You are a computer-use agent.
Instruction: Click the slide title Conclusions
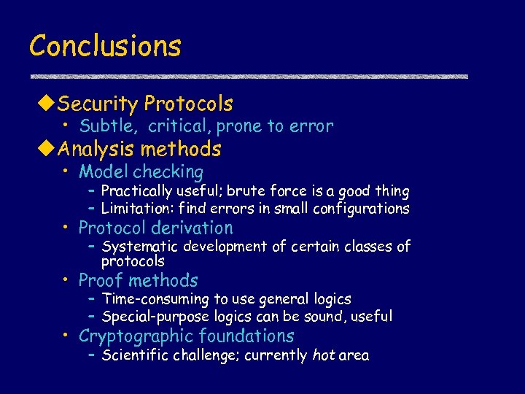[105, 46]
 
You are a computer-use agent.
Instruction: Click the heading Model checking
[141, 172]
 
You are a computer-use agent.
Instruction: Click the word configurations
[361, 209]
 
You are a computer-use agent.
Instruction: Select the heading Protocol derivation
[155, 228]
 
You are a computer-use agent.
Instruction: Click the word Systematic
[140, 247]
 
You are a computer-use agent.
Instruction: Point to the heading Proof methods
[138, 280]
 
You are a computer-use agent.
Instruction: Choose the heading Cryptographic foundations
[186, 336]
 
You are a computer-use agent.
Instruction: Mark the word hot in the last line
[324, 355]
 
